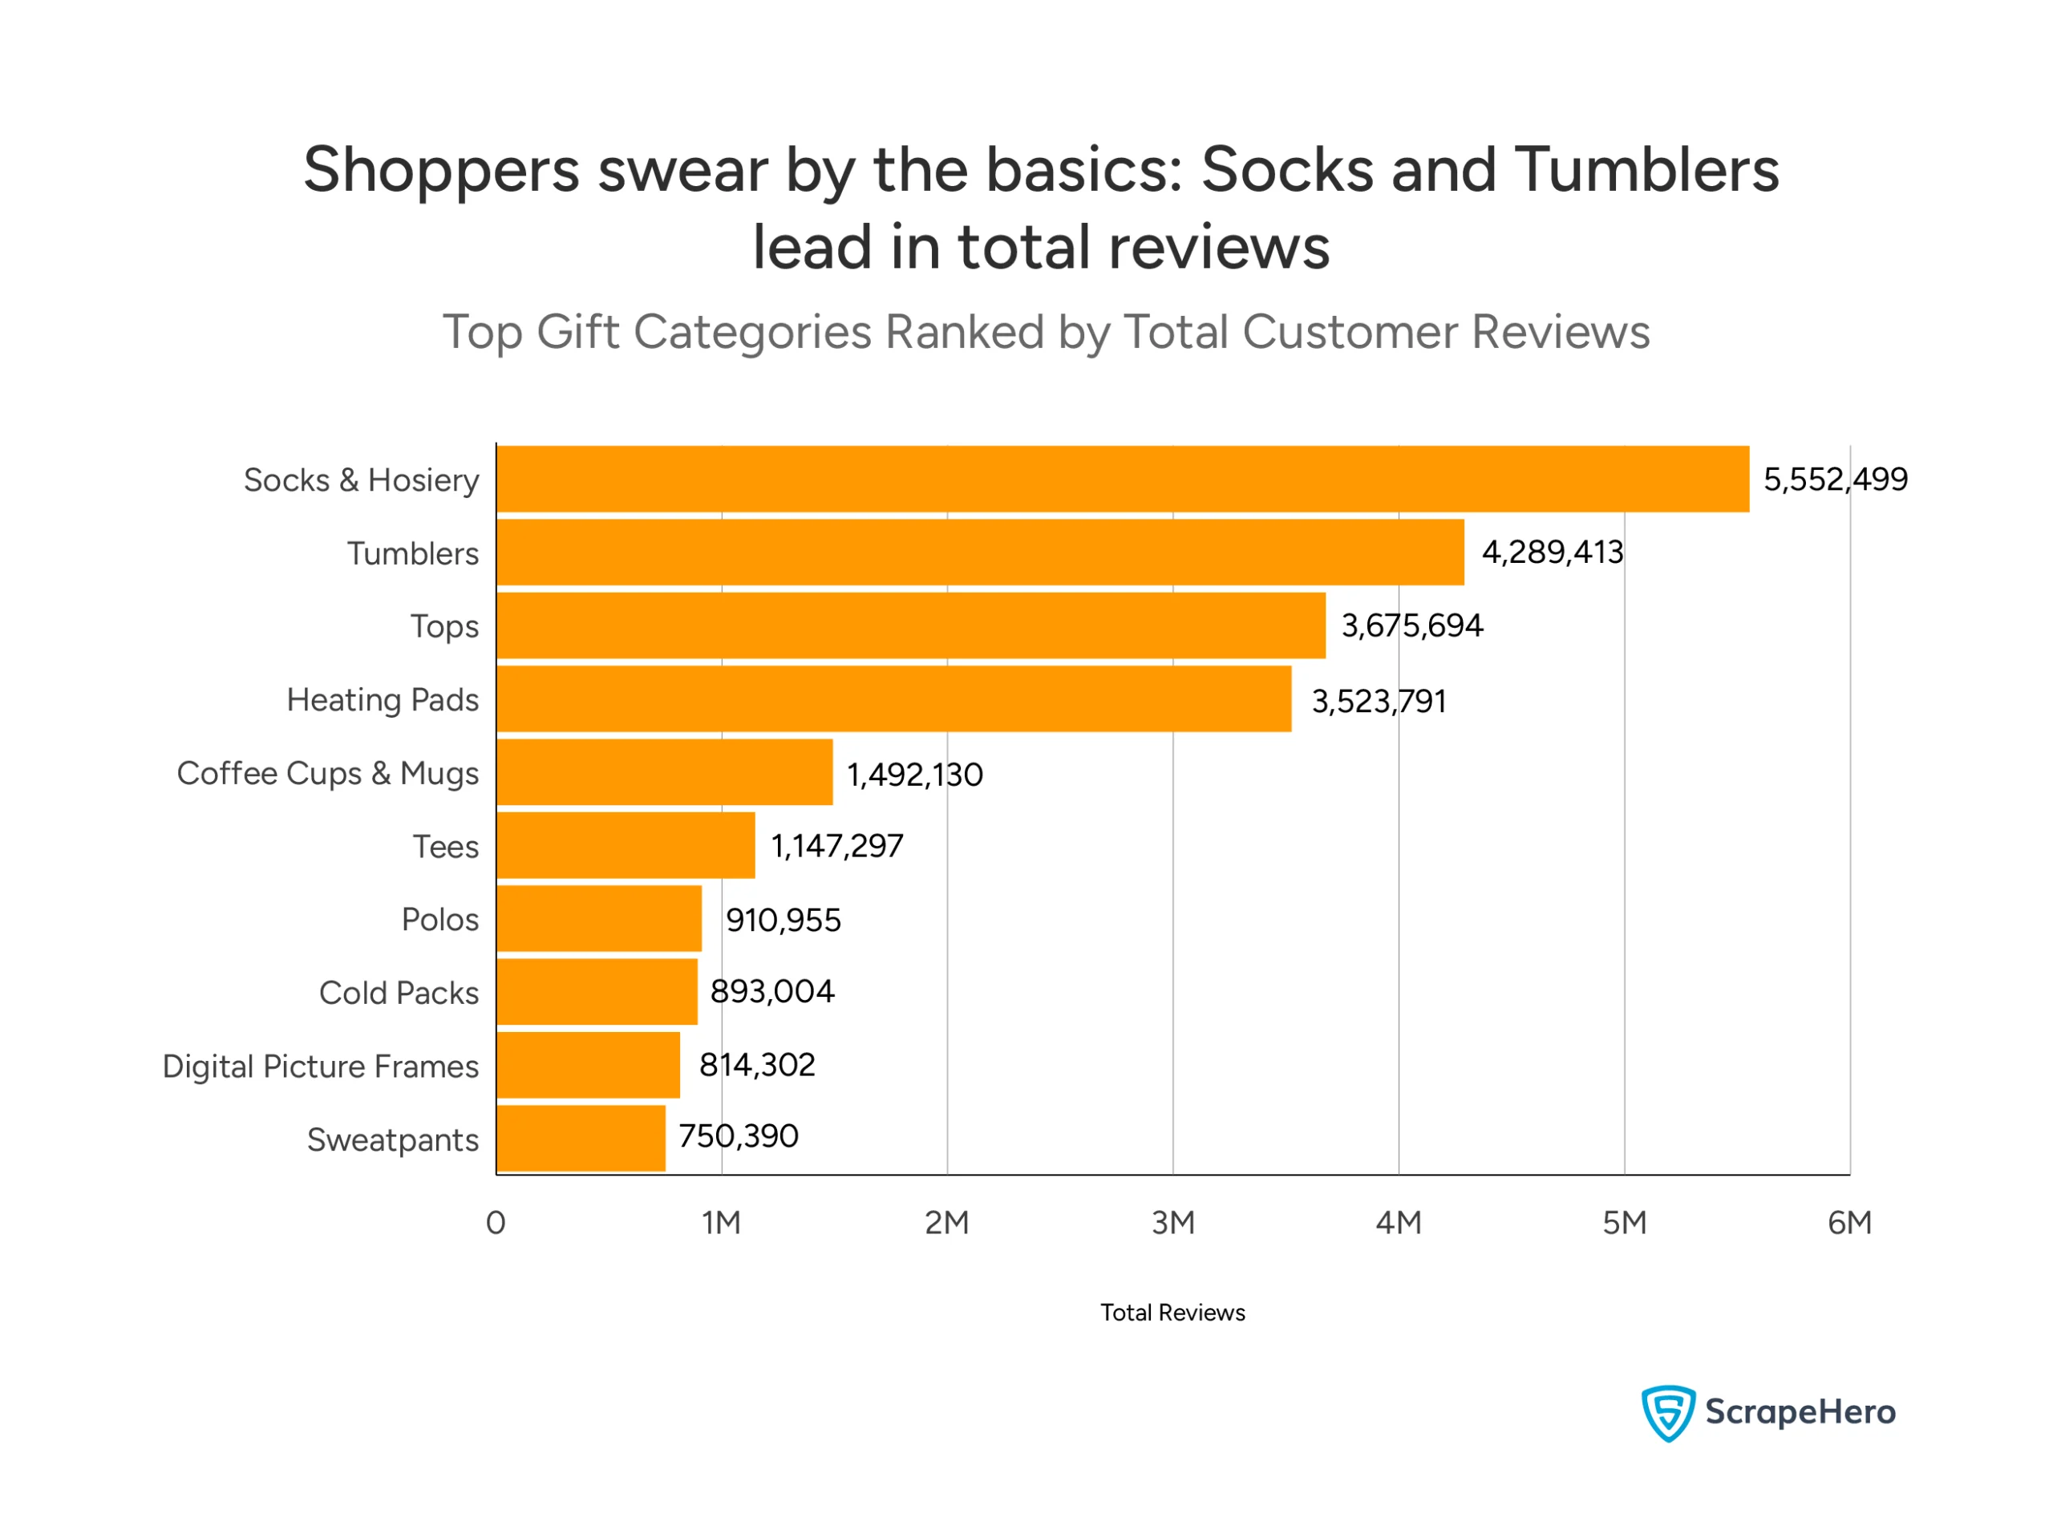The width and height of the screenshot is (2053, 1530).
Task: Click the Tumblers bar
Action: tap(980, 552)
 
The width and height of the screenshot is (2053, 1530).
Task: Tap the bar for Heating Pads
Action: tap(893, 698)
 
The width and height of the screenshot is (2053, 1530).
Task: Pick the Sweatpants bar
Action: tap(581, 1138)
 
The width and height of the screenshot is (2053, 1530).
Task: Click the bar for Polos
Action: tap(599, 919)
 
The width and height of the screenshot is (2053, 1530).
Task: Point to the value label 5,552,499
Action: tap(1834, 480)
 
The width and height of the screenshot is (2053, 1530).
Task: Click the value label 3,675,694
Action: tap(1411, 626)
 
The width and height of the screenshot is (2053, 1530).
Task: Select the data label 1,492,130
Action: tap(915, 775)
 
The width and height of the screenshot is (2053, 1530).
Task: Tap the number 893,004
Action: tap(772, 992)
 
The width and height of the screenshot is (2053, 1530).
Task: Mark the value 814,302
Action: tap(756, 1065)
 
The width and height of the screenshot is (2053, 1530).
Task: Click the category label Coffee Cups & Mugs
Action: tap(328, 773)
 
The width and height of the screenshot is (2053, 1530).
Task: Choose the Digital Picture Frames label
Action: tap(321, 1066)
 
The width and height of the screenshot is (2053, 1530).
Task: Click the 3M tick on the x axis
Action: tap(1172, 1223)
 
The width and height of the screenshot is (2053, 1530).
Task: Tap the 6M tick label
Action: tap(1849, 1223)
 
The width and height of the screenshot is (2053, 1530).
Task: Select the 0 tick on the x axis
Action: tap(496, 1223)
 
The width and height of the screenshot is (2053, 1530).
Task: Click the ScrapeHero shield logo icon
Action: tap(1668, 1412)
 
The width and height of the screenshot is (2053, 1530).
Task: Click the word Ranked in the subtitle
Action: tap(964, 331)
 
